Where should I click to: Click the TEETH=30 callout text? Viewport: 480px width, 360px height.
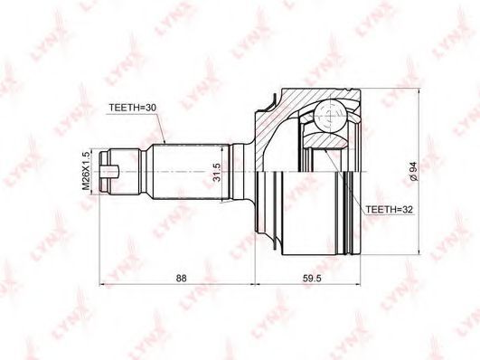tap(133, 108)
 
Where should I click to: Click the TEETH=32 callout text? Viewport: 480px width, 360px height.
tap(390, 210)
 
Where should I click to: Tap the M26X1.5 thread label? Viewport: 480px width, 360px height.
tap(87, 170)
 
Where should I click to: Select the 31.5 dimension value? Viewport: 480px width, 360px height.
tap(216, 172)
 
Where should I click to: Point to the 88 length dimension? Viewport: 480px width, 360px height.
tap(181, 279)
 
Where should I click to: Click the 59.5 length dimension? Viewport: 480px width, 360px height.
tap(312, 279)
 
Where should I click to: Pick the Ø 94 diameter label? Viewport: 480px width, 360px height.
tap(414, 171)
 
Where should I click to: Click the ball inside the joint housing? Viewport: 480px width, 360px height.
tap(330, 117)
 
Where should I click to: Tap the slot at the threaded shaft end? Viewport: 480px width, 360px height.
tap(109, 171)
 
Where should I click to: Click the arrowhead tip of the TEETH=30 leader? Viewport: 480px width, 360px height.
tap(165, 144)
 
